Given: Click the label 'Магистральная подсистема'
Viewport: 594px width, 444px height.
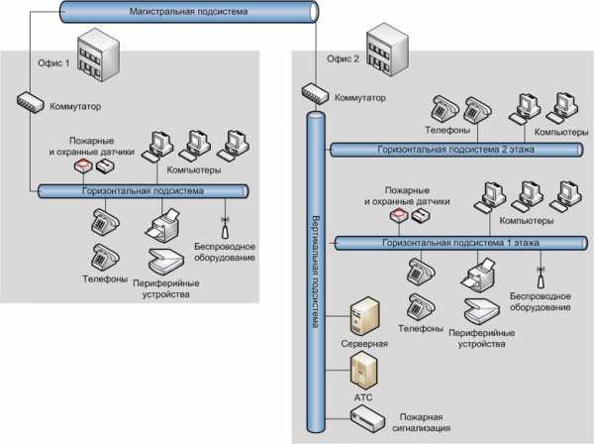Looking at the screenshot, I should point(188,12).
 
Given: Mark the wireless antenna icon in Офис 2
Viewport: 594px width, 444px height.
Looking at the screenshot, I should point(541,268).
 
